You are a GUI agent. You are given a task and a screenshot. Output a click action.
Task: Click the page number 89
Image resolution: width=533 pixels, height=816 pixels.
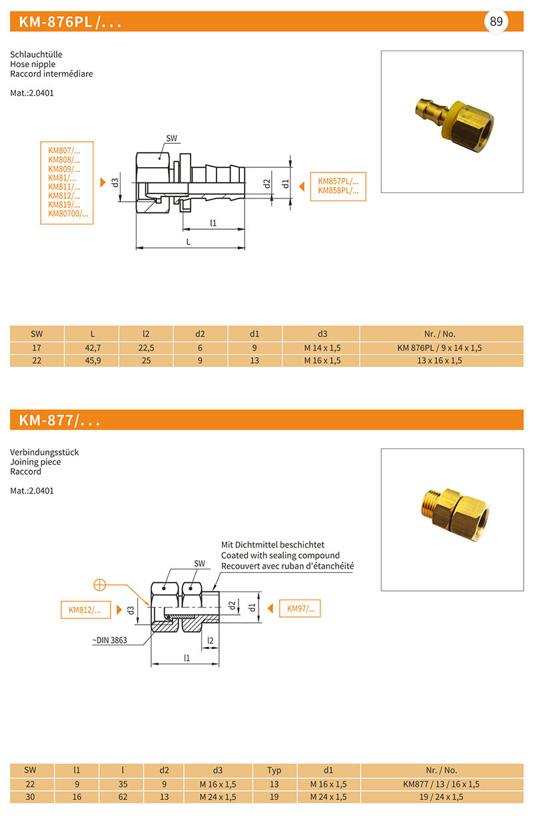coord(496,21)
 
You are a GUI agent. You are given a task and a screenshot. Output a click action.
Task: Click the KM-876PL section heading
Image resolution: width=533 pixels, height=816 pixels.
coord(70,22)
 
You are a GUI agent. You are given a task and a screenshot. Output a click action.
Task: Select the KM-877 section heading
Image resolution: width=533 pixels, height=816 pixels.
coord(59,420)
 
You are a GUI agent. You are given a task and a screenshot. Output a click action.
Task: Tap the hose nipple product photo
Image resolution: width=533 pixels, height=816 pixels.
coord(452,122)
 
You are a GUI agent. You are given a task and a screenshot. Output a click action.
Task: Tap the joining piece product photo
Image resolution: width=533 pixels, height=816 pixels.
coord(452,519)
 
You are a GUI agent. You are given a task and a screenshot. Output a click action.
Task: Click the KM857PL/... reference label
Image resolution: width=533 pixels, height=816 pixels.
coord(338,181)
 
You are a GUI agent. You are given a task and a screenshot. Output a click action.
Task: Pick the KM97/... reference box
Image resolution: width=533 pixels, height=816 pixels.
coord(300,608)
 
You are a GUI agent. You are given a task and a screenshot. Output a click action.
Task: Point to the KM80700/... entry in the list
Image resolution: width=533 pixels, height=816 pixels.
coord(68,214)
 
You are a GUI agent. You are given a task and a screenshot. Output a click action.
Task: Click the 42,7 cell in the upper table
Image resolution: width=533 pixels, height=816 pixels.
coord(91,348)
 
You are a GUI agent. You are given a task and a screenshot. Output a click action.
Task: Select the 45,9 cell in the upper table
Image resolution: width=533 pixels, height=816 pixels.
coord(91,360)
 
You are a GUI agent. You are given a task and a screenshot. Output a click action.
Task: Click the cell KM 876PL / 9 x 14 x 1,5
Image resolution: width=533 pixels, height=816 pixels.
coord(439,348)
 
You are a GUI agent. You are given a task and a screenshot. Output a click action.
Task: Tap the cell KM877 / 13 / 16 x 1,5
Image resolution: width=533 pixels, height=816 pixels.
coord(441,784)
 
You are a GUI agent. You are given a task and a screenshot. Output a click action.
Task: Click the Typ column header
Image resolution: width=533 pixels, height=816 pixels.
coord(274,770)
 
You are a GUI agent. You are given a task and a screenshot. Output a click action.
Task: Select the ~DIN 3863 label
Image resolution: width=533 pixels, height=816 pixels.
coord(110,641)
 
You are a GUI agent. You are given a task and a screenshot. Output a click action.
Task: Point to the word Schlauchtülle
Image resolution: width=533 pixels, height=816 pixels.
coord(37,54)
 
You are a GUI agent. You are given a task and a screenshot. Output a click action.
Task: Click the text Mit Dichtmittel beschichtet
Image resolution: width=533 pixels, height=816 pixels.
coord(272,545)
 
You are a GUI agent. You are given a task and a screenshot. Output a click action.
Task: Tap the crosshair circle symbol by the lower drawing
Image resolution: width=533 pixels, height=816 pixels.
coord(101,585)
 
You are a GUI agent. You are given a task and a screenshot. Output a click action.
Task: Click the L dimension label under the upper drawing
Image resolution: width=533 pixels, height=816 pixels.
coord(189,242)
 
